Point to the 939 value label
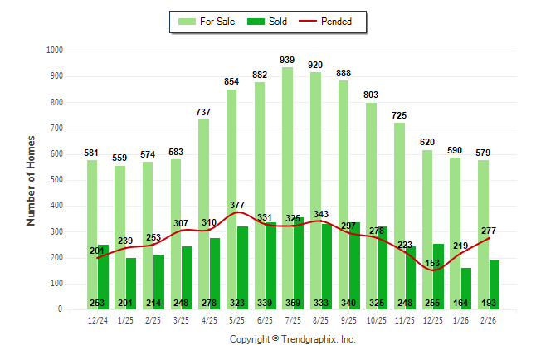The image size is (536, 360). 288,60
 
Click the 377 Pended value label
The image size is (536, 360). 236,205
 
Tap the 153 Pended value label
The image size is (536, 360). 432,263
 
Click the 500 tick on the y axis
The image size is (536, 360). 54,180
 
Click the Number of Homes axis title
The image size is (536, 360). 32,180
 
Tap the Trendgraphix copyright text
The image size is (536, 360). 292,339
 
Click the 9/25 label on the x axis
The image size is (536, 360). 349,319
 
